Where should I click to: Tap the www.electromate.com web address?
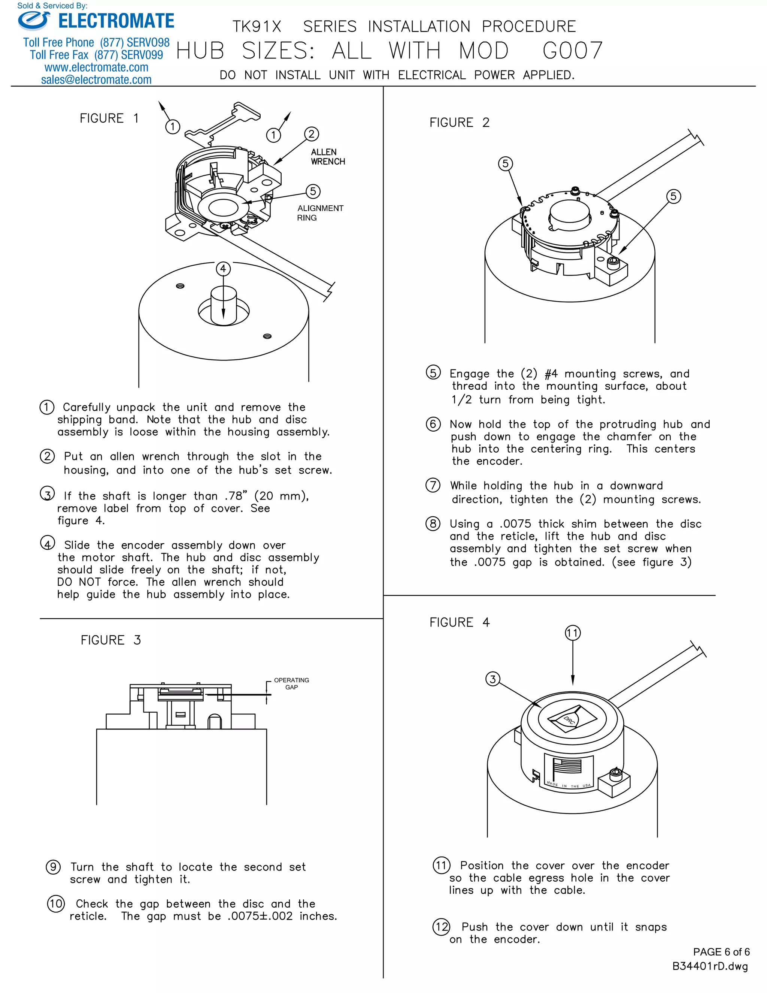click(96, 67)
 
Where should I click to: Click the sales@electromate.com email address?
click(96, 79)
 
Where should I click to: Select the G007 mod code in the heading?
click(573, 51)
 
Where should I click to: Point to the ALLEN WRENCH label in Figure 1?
click(328, 157)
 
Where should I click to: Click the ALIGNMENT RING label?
click(320, 213)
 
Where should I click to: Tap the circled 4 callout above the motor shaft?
click(223, 269)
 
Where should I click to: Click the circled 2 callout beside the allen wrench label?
click(311, 134)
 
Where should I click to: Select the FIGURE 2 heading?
click(460, 123)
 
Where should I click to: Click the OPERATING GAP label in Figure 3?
click(291, 683)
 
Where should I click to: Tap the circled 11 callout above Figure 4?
click(573, 633)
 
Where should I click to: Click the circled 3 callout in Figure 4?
click(492, 679)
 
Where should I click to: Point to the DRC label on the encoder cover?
click(569, 720)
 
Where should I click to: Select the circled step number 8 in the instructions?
click(433, 524)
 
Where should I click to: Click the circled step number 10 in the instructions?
click(56, 903)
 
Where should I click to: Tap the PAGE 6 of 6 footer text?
click(721, 952)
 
